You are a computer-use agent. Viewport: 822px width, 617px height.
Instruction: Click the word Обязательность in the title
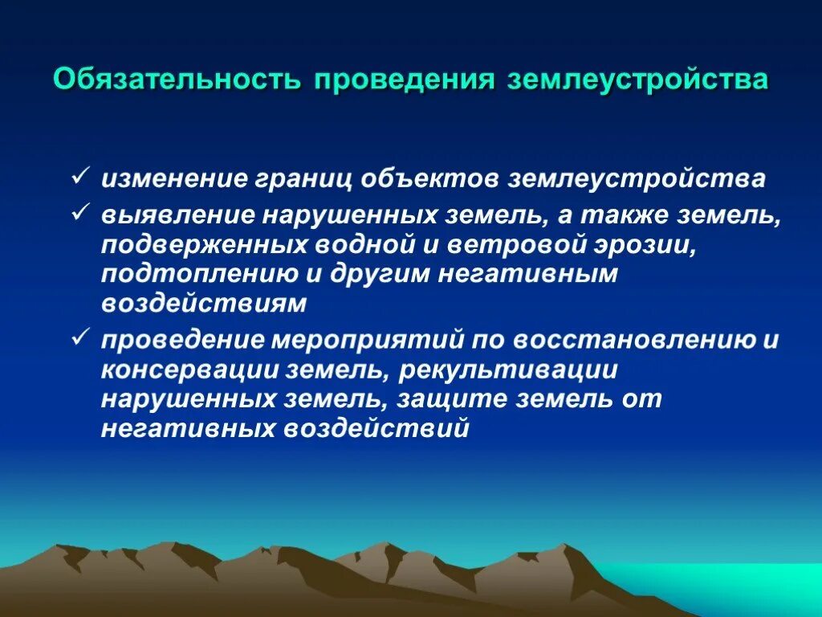coord(177,81)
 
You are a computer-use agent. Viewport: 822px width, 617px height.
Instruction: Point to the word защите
coord(486,399)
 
